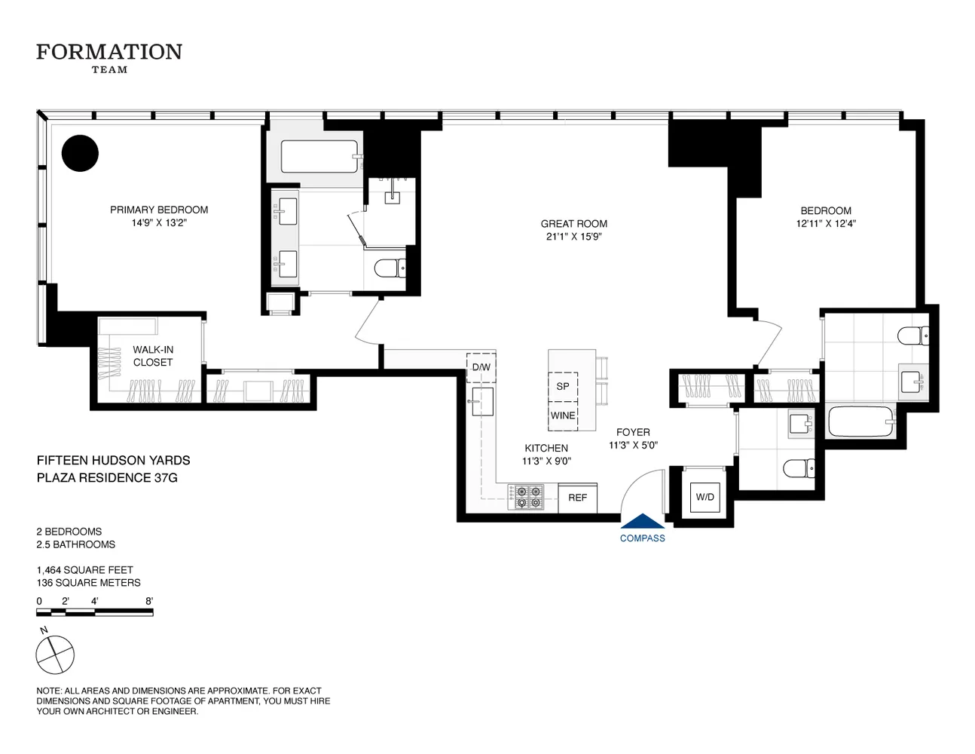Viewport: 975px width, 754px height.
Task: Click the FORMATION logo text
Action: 109,52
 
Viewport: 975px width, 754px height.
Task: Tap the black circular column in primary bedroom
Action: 80,153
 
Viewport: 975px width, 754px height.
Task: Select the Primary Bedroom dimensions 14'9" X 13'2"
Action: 159,222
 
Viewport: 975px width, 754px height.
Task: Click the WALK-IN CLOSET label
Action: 153,356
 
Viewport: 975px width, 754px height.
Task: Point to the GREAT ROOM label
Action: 573,223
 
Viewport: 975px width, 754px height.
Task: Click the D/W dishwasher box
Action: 481,367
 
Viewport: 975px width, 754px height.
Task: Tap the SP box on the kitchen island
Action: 563,386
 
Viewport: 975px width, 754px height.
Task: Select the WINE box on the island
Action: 563,415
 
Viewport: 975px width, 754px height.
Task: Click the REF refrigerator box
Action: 578,498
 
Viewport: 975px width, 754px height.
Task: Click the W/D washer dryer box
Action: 705,497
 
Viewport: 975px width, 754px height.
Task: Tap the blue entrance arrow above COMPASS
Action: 643,521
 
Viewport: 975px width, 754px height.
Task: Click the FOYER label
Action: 633,432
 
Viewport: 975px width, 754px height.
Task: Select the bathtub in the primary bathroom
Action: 320,157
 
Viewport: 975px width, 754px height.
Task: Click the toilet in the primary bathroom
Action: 390,268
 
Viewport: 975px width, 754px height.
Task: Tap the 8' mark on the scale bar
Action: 149,601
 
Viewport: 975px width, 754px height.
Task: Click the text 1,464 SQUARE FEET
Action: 84,570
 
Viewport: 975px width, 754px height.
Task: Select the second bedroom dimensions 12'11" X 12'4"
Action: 826,223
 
